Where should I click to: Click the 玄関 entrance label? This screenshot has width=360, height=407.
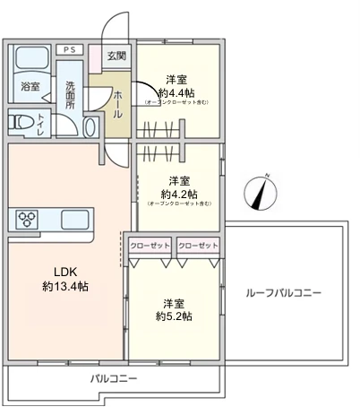117,56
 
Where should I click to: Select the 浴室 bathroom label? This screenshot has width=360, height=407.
30,87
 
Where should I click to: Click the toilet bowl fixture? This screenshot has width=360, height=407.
22,124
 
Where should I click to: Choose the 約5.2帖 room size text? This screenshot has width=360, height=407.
174,316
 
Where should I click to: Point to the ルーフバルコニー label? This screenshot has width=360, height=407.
283,293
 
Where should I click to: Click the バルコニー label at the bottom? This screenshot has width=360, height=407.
114,378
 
